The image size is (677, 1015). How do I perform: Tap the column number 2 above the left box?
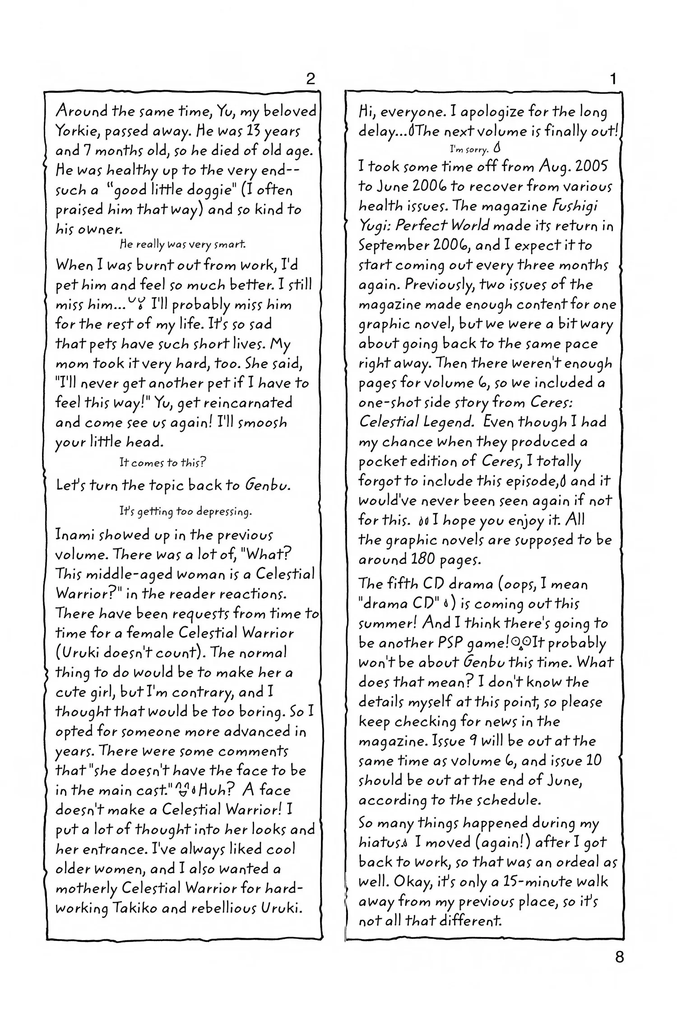click(310, 79)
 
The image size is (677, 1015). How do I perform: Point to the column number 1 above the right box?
click(612, 79)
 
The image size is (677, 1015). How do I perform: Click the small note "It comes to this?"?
click(163, 462)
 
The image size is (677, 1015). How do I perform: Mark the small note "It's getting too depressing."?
click(185, 512)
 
